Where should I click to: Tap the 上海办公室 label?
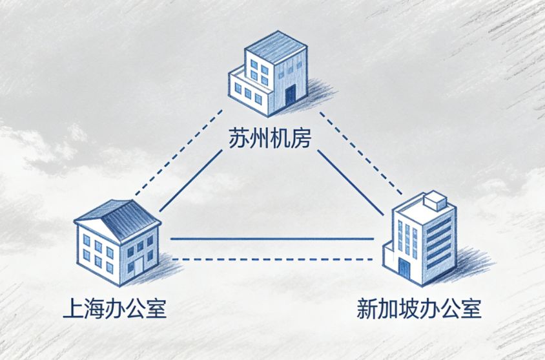point(115,308)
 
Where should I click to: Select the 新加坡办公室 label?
point(419,308)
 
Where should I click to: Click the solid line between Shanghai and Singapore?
point(271,239)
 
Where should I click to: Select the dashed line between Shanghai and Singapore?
point(271,260)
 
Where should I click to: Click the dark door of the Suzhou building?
point(290,96)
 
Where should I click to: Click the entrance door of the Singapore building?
point(404,269)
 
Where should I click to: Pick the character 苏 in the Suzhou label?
point(239,138)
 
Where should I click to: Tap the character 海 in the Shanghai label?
point(94,308)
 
